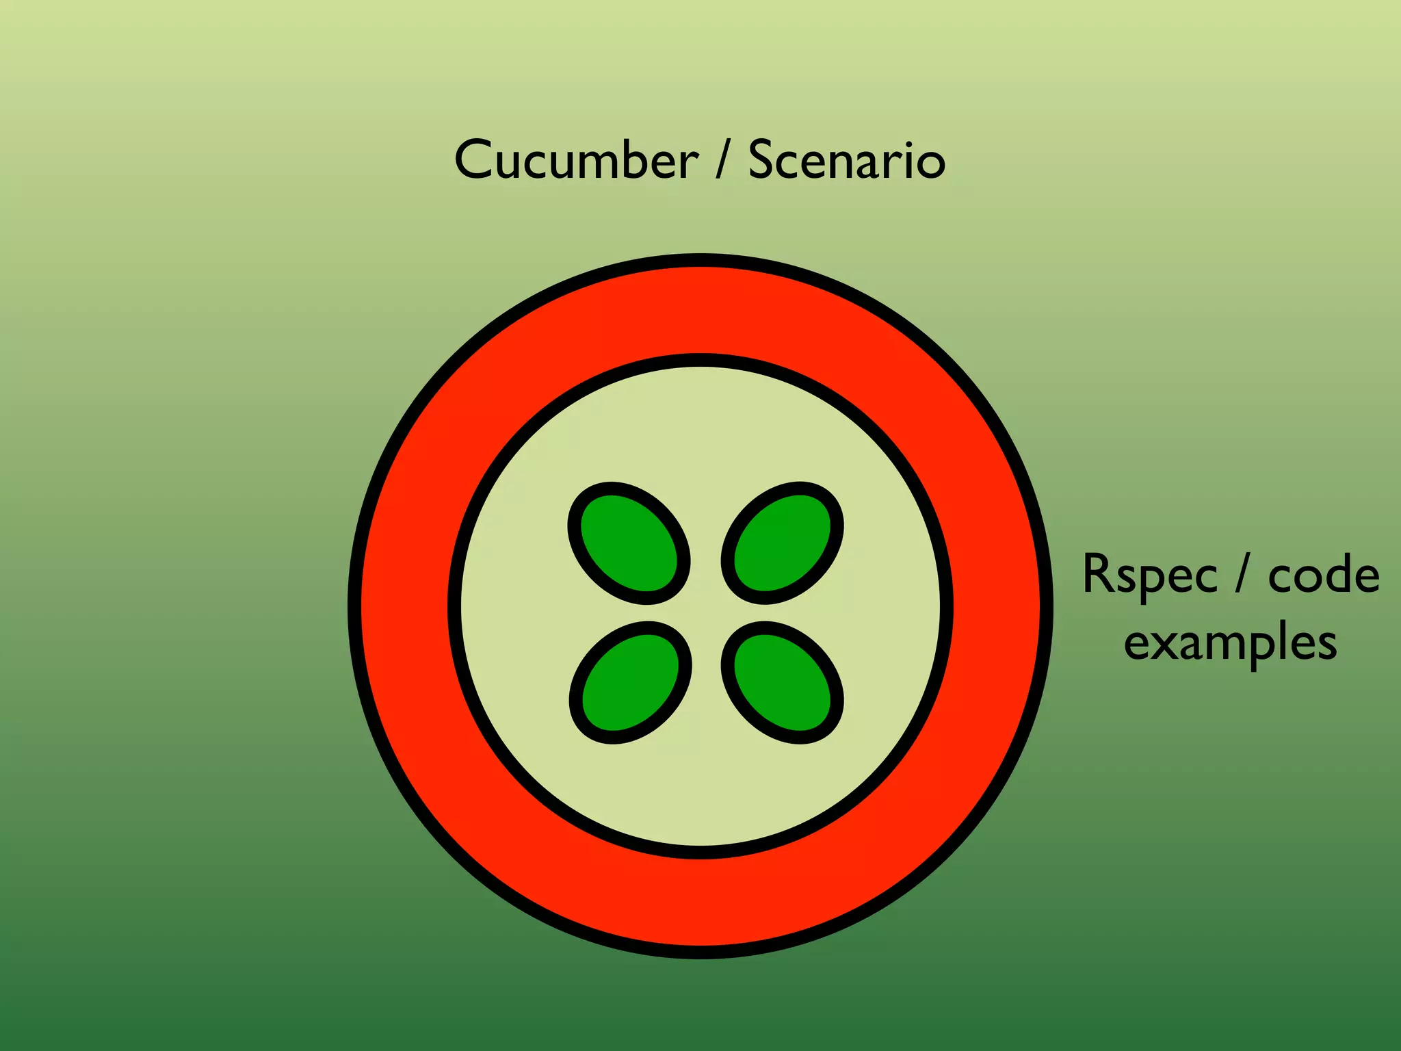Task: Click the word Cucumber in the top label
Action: (x=576, y=160)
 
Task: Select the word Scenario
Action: (x=847, y=160)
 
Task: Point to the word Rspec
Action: (x=1149, y=575)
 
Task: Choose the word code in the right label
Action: (x=1323, y=575)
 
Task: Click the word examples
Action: (x=1230, y=643)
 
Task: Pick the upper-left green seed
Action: (x=629, y=543)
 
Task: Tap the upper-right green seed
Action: (x=783, y=543)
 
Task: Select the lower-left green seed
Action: (x=630, y=682)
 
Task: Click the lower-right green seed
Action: (x=783, y=682)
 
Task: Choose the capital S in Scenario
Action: (x=763, y=160)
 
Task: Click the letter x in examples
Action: (x=1166, y=643)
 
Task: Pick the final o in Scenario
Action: (x=930, y=164)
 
